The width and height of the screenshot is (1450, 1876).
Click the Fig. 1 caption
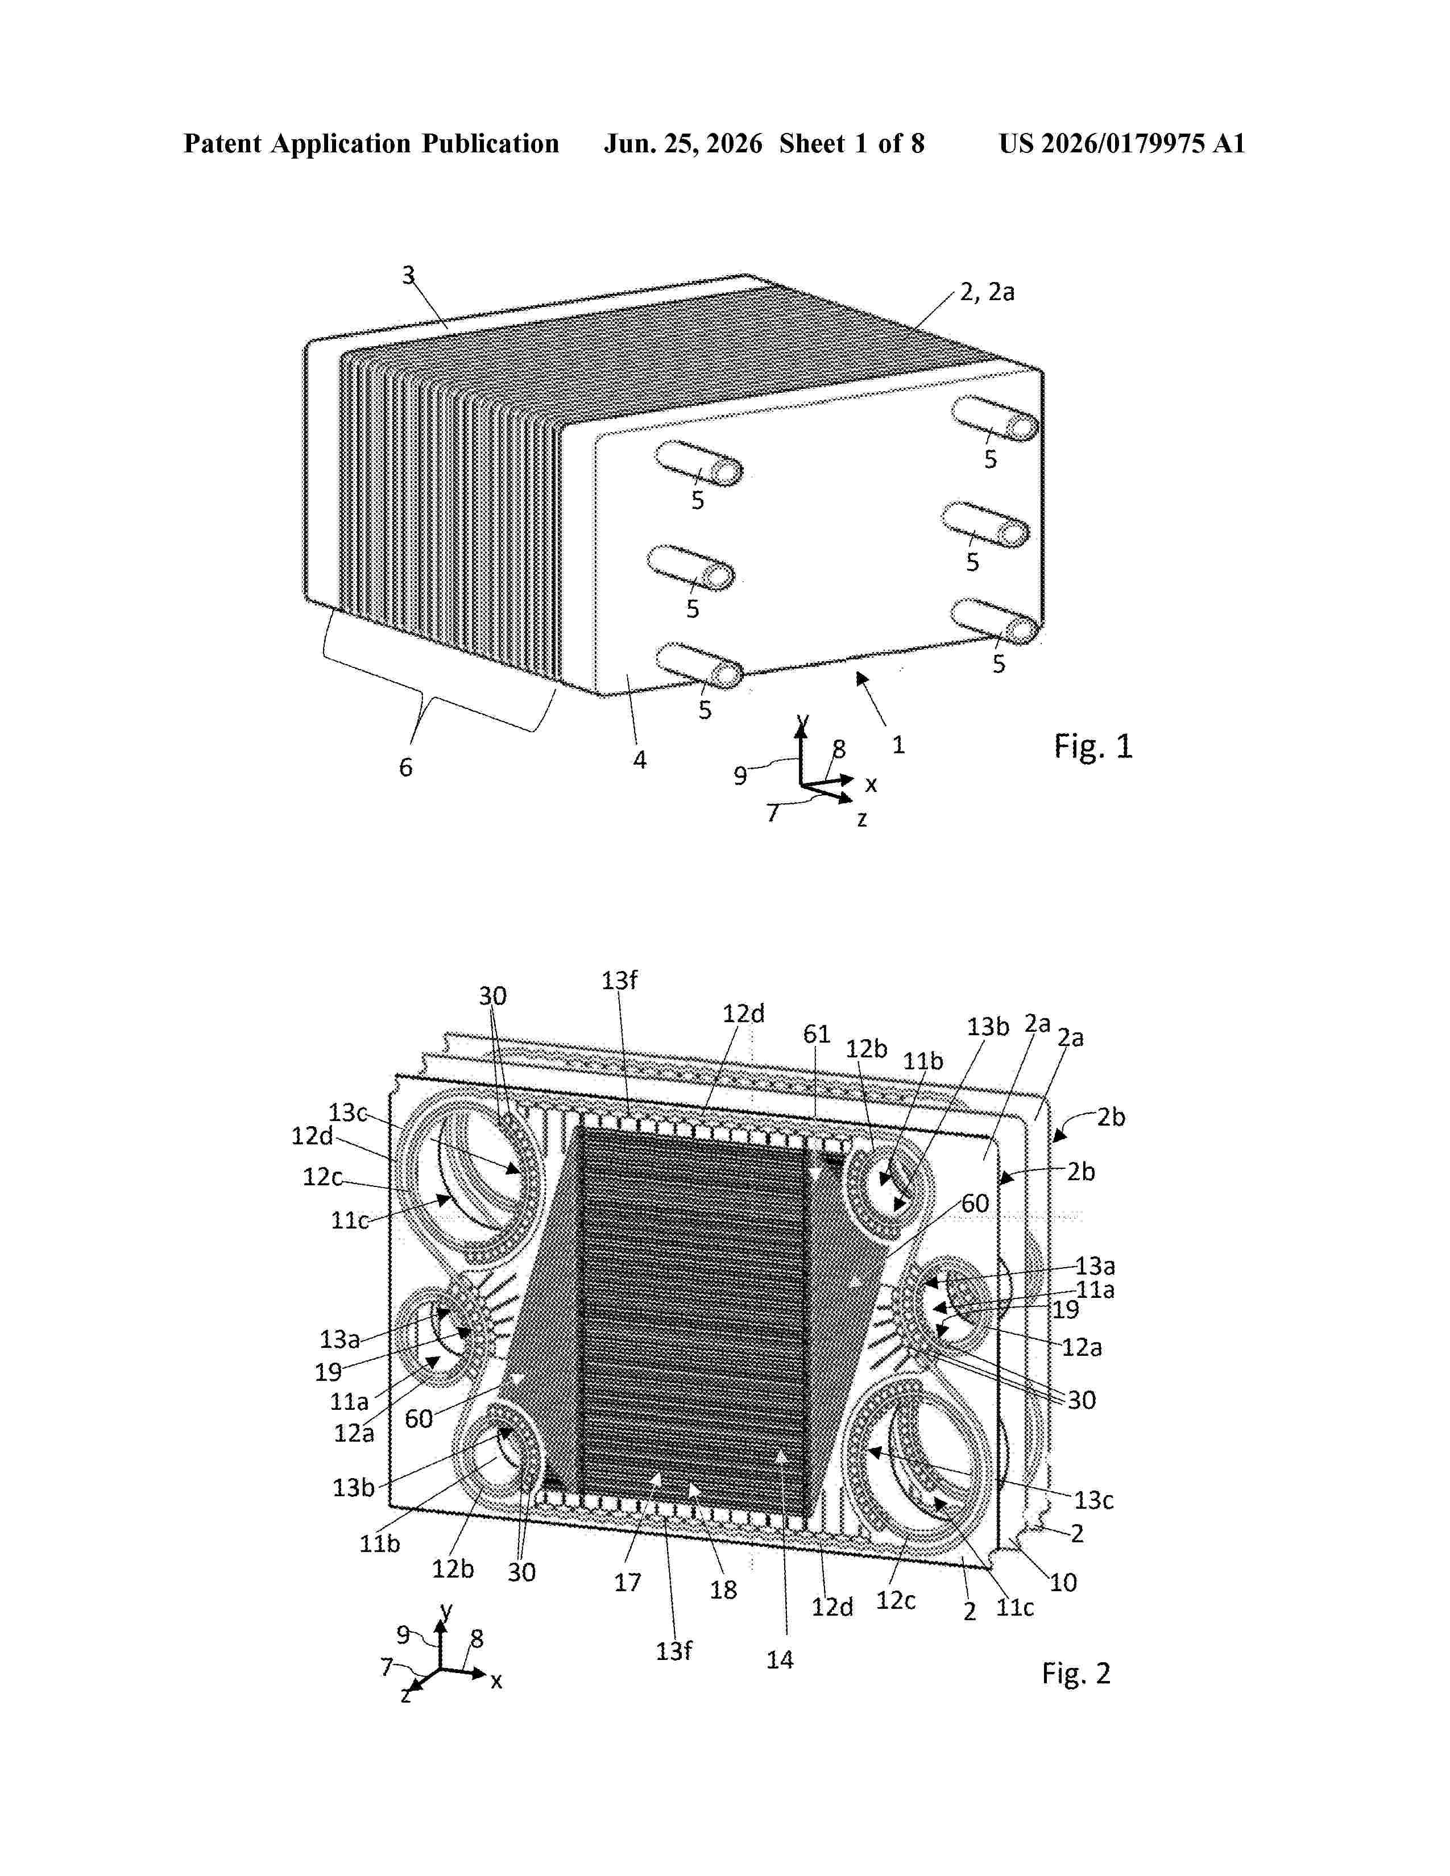coord(1093,746)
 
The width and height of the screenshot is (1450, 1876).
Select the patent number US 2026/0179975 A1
coord(1122,143)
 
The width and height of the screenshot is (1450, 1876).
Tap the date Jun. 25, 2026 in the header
coord(683,143)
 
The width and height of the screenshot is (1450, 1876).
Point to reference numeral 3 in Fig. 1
coord(409,275)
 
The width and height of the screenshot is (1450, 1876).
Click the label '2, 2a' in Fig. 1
coord(987,292)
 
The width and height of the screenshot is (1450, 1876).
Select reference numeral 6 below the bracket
coord(405,767)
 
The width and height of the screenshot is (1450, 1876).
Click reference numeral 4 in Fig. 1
coord(639,759)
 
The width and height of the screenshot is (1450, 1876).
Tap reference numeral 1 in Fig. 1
coord(898,745)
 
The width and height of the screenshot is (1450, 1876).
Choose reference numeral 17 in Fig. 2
coord(627,1582)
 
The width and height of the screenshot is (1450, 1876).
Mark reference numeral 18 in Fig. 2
coord(723,1590)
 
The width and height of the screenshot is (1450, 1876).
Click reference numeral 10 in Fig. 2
coord(1063,1582)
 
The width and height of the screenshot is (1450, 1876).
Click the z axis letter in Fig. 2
coord(405,1695)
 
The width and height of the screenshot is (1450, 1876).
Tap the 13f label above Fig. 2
coord(619,980)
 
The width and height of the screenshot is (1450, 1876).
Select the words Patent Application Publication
coord(371,143)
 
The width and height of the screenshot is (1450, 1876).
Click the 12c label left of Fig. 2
coord(322,1176)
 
